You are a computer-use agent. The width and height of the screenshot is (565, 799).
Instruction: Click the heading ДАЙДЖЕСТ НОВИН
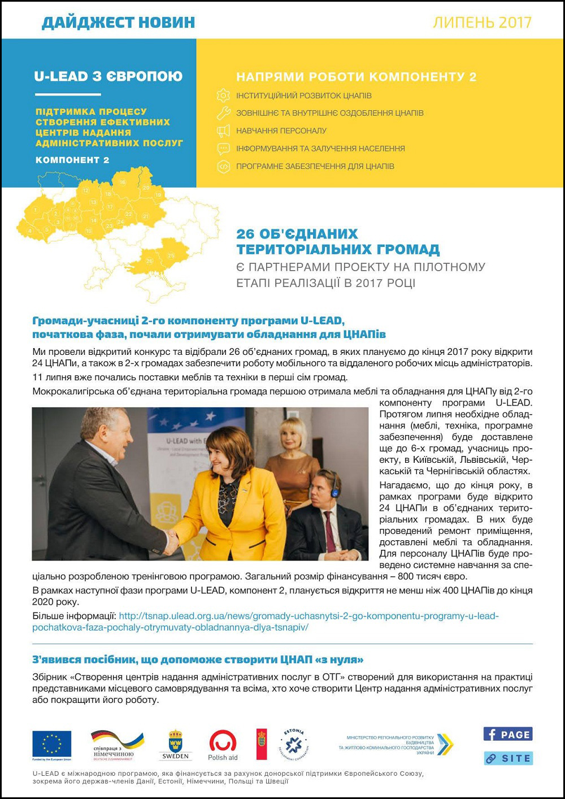click(118, 23)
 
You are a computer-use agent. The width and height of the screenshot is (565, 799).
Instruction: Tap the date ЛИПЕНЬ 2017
click(482, 23)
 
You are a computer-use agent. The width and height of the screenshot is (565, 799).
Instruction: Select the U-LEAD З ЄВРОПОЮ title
click(108, 76)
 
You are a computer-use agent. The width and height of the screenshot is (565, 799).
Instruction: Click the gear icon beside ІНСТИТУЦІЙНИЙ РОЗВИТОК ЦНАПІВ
click(224, 95)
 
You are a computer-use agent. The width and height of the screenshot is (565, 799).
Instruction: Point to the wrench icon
click(224, 112)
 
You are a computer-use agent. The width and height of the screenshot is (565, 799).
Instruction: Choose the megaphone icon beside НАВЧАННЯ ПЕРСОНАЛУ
click(224, 131)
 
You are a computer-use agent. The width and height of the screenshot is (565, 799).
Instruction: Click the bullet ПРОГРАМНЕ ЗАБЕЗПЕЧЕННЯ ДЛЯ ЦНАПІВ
click(315, 166)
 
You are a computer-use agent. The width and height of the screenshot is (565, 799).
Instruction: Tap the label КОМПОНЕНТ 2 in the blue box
click(72, 160)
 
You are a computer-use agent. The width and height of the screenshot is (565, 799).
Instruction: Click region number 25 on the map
click(171, 255)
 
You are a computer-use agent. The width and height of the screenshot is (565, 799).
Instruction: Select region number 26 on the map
click(149, 261)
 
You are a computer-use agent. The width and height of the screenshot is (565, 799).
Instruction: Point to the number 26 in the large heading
click(247, 234)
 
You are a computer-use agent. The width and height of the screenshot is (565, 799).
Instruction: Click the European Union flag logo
click(52, 744)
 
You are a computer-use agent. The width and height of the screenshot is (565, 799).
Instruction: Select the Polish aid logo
click(223, 745)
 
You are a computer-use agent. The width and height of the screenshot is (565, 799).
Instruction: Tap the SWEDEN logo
click(175, 745)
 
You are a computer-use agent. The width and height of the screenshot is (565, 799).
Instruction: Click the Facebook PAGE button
click(508, 734)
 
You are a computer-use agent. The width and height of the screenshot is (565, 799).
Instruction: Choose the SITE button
click(508, 758)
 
